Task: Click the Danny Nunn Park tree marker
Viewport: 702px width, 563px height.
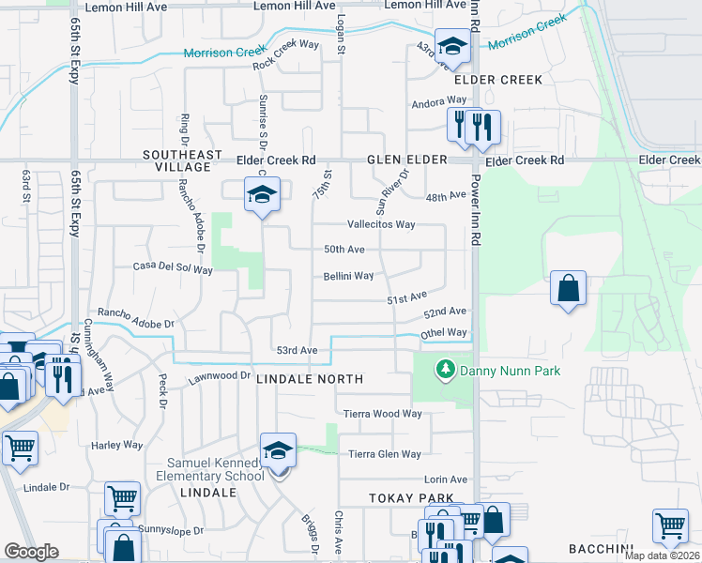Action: (x=446, y=371)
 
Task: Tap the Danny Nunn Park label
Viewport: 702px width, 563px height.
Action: (x=510, y=371)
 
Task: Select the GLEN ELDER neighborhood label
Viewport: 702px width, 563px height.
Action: (x=407, y=160)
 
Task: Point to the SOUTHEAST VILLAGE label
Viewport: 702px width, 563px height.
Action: (x=182, y=160)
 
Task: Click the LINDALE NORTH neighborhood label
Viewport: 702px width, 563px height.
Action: (x=309, y=379)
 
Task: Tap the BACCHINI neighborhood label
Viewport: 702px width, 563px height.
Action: (x=603, y=548)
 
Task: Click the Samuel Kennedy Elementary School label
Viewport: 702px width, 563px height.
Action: (x=216, y=469)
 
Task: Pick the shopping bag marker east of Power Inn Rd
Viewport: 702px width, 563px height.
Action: (x=569, y=289)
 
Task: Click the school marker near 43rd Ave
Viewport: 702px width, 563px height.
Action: (x=453, y=48)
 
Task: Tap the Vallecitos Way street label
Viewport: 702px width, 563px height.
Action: (x=381, y=224)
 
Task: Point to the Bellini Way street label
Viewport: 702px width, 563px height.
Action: (x=349, y=276)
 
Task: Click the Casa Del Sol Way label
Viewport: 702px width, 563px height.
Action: (x=173, y=269)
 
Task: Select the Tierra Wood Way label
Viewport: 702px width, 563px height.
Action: (x=383, y=414)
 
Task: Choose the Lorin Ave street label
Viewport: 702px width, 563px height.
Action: (x=446, y=479)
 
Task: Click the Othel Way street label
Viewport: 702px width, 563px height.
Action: (x=444, y=333)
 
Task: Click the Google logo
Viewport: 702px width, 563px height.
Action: (x=31, y=552)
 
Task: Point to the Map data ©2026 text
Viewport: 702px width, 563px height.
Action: (x=662, y=555)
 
